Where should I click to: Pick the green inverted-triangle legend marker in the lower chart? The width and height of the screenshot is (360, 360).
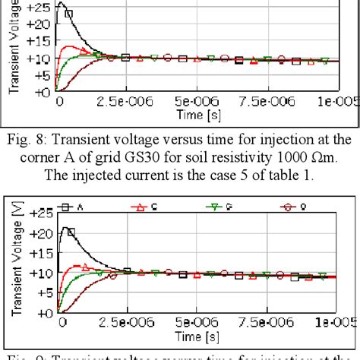pos(210,206)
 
